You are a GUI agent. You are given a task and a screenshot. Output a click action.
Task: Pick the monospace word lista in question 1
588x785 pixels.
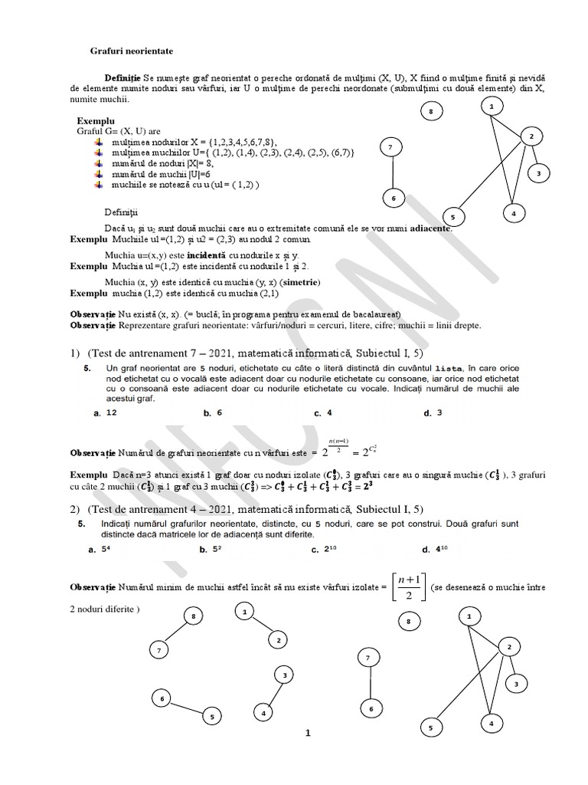(449, 369)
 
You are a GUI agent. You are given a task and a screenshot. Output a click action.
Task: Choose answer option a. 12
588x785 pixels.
(105, 413)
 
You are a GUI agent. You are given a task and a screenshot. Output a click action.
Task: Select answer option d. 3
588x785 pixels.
(433, 413)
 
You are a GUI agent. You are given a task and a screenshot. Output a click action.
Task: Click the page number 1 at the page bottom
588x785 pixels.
(308, 734)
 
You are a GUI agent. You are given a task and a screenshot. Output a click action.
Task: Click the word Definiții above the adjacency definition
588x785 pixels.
(122, 212)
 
